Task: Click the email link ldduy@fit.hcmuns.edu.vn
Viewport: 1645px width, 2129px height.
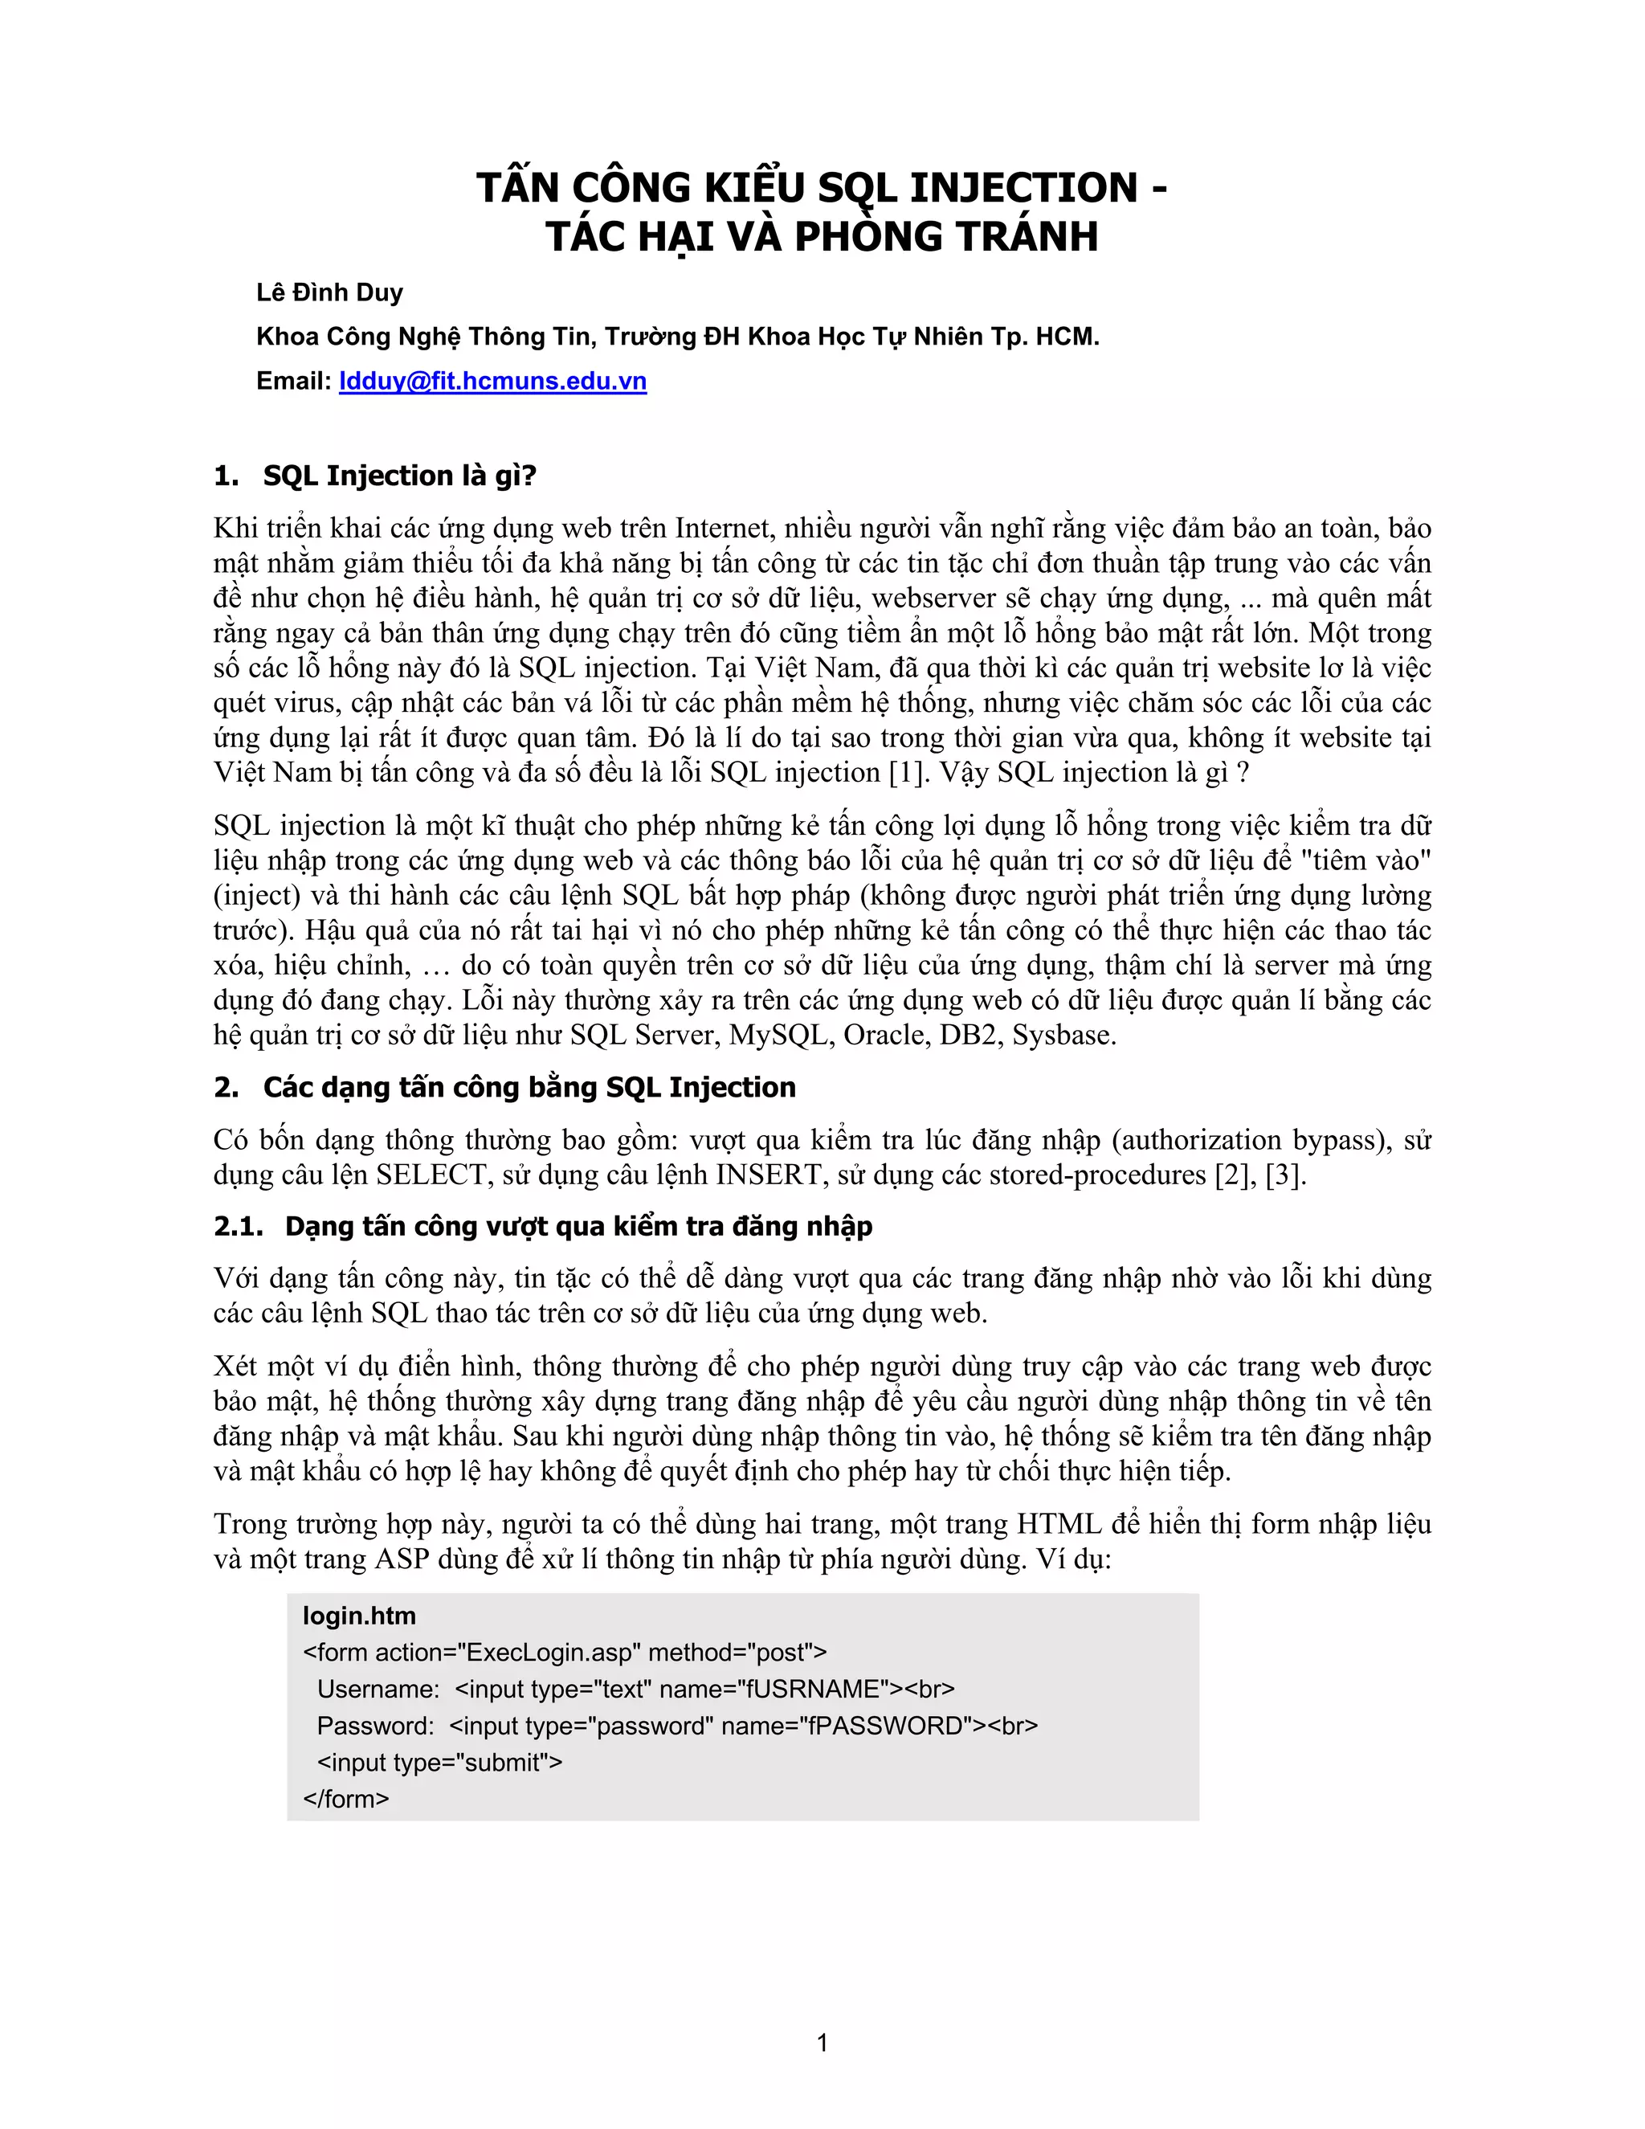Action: pos(492,381)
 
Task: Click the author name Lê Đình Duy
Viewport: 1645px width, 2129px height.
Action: pos(329,292)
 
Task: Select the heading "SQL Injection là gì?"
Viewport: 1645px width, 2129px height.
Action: pos(399,476)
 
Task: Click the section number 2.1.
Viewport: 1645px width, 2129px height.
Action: pos(238,1226)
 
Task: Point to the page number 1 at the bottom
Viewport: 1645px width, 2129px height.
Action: pos(822,2042)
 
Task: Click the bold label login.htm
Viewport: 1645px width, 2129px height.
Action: pos(358,1616)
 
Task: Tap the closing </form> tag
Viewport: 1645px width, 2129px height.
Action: pos(346,1799)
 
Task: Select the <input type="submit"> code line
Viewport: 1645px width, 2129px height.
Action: pos(439,1763)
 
